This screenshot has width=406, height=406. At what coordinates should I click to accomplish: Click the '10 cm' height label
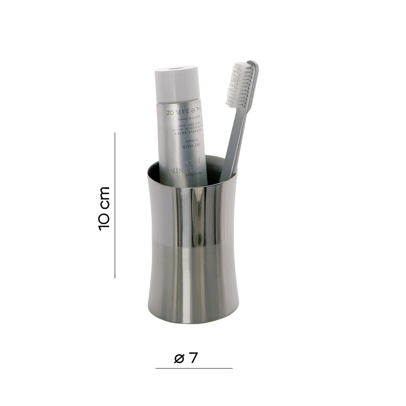pyautogui.click(x=104, y=208)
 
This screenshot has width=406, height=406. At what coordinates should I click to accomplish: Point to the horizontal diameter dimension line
pyautogui.click(x=194, y=368)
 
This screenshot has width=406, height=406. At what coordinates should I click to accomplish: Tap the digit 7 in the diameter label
pyautogui.click(x=193, y=358)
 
